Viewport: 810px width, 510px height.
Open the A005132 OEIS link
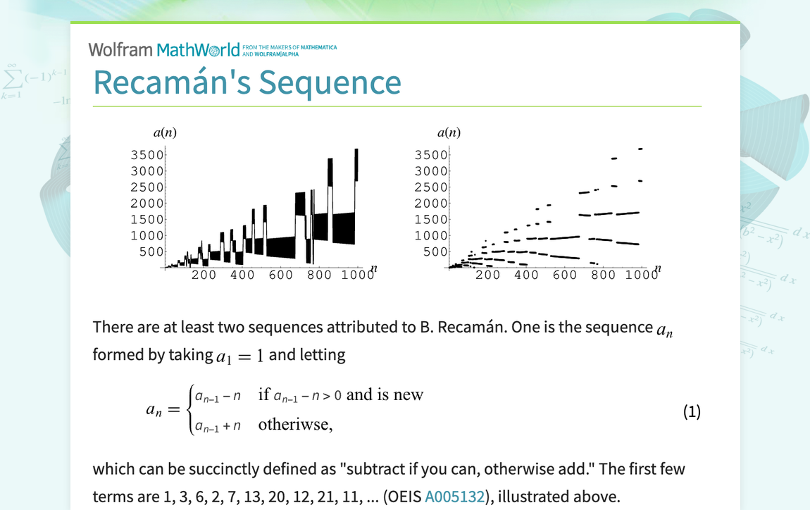454,497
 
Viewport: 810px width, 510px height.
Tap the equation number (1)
692,412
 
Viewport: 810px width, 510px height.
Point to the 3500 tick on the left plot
147,155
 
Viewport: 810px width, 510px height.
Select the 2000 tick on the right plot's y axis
430,204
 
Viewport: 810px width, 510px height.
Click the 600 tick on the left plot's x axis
280,275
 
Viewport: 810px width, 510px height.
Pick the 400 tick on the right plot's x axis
526,275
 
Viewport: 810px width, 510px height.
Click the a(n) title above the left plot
165,132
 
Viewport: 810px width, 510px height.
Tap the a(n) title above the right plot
449,132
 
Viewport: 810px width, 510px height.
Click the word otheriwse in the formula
294,425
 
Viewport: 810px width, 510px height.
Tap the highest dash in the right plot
640,149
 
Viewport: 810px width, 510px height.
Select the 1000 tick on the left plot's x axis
359,275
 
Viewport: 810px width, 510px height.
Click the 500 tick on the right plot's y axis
434,252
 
